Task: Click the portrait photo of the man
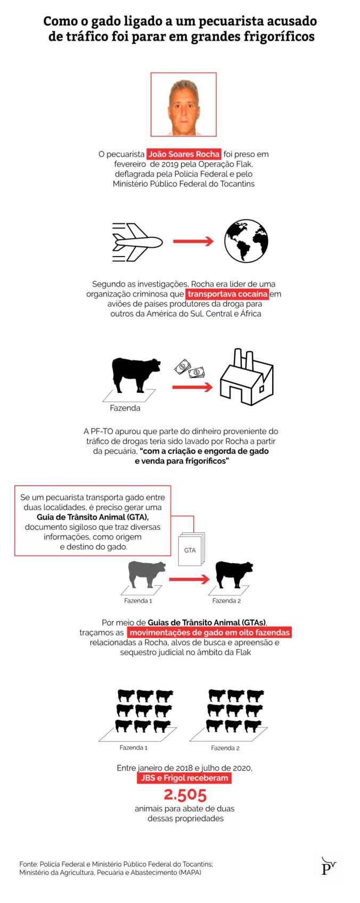coord(183,104)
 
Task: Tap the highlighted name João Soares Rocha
coord(184,154)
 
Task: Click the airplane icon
coord(137,242)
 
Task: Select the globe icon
coord(246,241)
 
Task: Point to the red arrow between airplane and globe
coord(193,242)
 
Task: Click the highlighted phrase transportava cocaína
coord(227,294)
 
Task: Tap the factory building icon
coord(247,377)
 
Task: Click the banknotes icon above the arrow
coord(190,368)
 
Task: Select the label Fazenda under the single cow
coord(125,408)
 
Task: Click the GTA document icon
coord(191,549)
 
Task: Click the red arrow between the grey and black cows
coord(189,579)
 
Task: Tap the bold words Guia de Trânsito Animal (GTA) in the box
coord(93,517)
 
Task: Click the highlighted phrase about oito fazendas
coord(209,633)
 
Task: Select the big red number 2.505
coord(185,795)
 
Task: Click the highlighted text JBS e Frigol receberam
coord(184,778)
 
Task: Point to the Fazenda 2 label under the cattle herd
coord(225,748)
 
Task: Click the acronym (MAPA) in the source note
coord(190,873)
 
